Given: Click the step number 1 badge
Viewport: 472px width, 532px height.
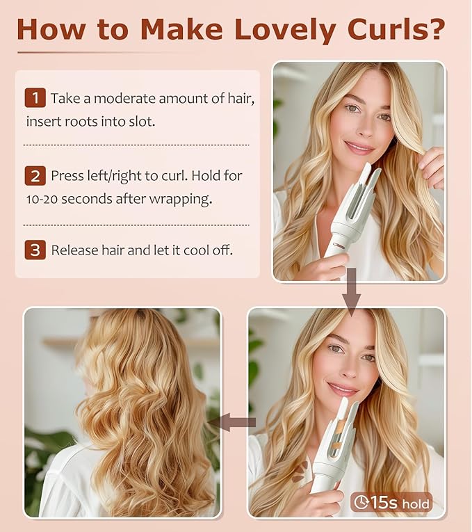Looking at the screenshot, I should [x=35, y=98].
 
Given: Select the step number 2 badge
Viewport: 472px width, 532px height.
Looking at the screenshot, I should [x=35, y=176].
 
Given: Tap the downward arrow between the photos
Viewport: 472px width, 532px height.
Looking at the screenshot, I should [x=352, y=293].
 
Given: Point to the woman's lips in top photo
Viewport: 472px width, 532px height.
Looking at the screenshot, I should [x=359, y=147].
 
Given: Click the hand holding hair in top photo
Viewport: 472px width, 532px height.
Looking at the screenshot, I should [x=432, y=167].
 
